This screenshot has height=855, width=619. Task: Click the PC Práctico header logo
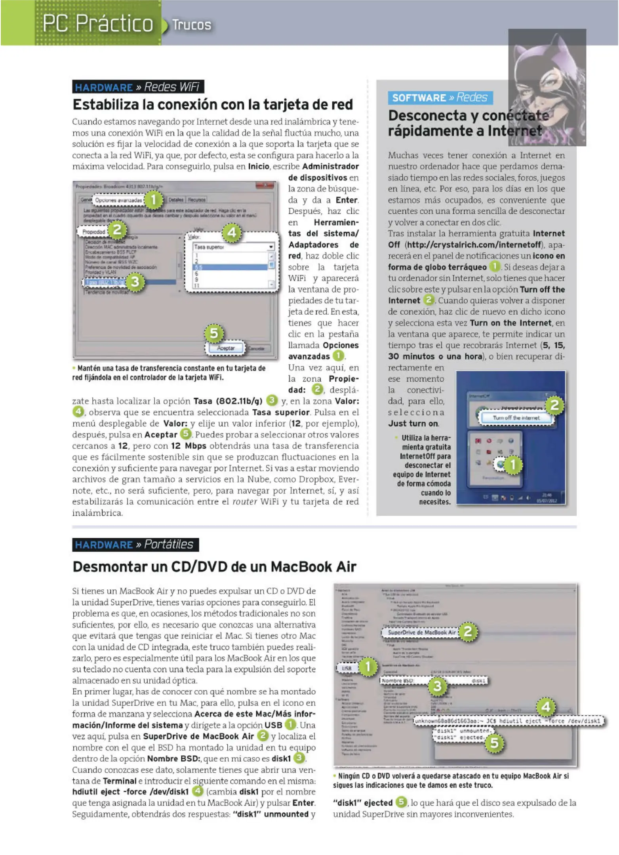pyautogui.click(x=97, y=23)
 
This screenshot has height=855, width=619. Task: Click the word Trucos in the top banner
pyautogui.click(x=192, y=25)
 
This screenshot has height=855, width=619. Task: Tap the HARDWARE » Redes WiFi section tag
pyautogui.click(x=137, y=87)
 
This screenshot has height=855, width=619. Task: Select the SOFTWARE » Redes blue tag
pyautogui.click(x=440, y=97)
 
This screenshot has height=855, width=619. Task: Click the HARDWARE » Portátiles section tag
pyautogui.click(x=135, y=544)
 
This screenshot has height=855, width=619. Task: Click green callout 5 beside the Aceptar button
pyautogui.click(x=214, y=333)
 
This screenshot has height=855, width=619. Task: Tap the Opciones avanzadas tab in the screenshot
pyautogui.click(x=118, y=200)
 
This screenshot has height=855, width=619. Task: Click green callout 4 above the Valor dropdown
pyautogui.click(x=232, y=233)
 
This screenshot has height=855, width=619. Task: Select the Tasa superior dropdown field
pyautogui.click(x=233, y=247)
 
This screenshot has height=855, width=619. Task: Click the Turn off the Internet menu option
pyautogui.click(x=516, y=418)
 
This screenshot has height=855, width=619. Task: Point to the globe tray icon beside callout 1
pyautogui.click(x=501, y=465)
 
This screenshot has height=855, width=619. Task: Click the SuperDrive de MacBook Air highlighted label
pyautogui.click(x=422, y=633)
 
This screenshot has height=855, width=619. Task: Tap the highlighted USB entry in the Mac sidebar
pyautogui.click(x=347, y=668)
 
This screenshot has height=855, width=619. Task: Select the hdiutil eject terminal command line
pyautogui.click(x=508, y=721)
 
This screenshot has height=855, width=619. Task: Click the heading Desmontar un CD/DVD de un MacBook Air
pyautogui.click(x=214, y=567)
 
